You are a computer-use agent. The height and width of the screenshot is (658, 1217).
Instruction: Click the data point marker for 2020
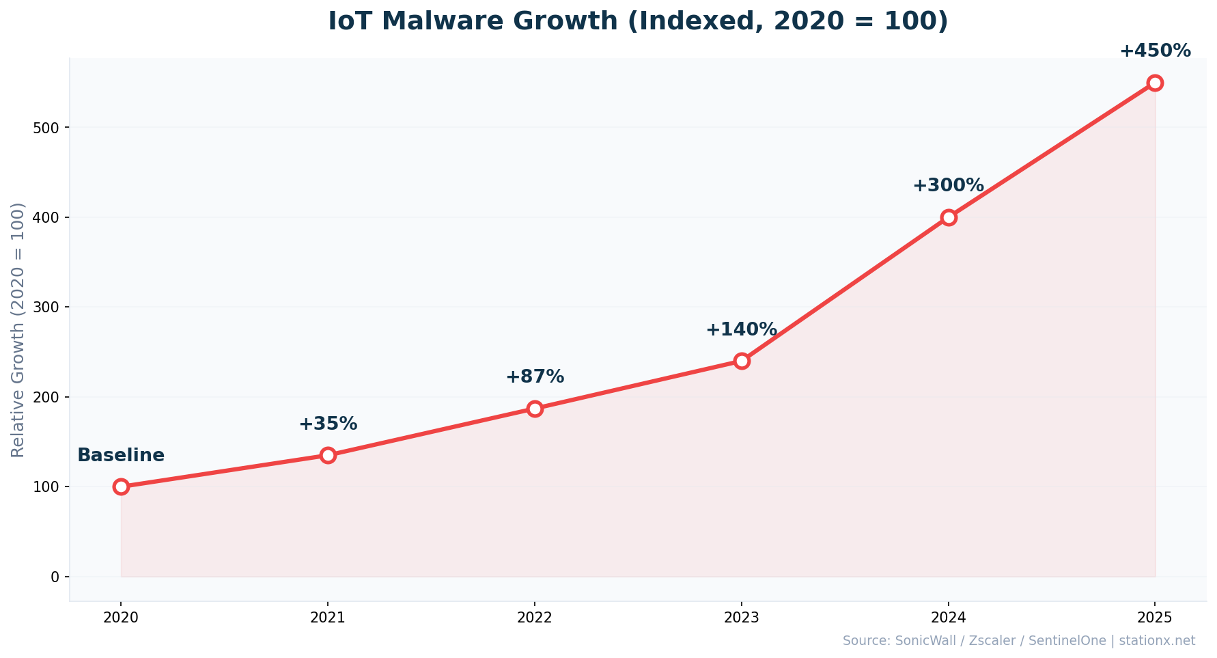121,486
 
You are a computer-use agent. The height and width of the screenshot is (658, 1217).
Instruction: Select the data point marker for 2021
328,455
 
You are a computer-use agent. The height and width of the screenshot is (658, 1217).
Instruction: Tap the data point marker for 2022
535,409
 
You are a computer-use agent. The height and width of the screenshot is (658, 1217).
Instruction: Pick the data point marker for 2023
742,361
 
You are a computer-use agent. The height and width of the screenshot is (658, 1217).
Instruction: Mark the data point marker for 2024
948,217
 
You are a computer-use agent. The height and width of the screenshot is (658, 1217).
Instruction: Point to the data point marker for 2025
1155,83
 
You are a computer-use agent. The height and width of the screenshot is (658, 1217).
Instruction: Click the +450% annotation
1155,51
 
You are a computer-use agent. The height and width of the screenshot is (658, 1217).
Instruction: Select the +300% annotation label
948,186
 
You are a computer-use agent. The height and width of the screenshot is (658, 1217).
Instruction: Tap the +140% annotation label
741,330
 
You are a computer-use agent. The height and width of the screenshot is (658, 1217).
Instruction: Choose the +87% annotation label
535,377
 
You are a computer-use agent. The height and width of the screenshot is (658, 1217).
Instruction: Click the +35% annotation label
328,424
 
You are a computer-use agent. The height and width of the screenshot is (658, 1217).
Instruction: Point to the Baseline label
121,456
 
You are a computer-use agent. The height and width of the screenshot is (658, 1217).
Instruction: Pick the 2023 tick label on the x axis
742,618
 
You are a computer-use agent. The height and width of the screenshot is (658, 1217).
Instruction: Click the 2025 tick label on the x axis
1155,618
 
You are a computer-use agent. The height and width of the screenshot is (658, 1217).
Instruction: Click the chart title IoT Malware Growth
638,21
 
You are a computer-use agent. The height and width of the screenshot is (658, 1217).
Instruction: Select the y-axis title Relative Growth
18,330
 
